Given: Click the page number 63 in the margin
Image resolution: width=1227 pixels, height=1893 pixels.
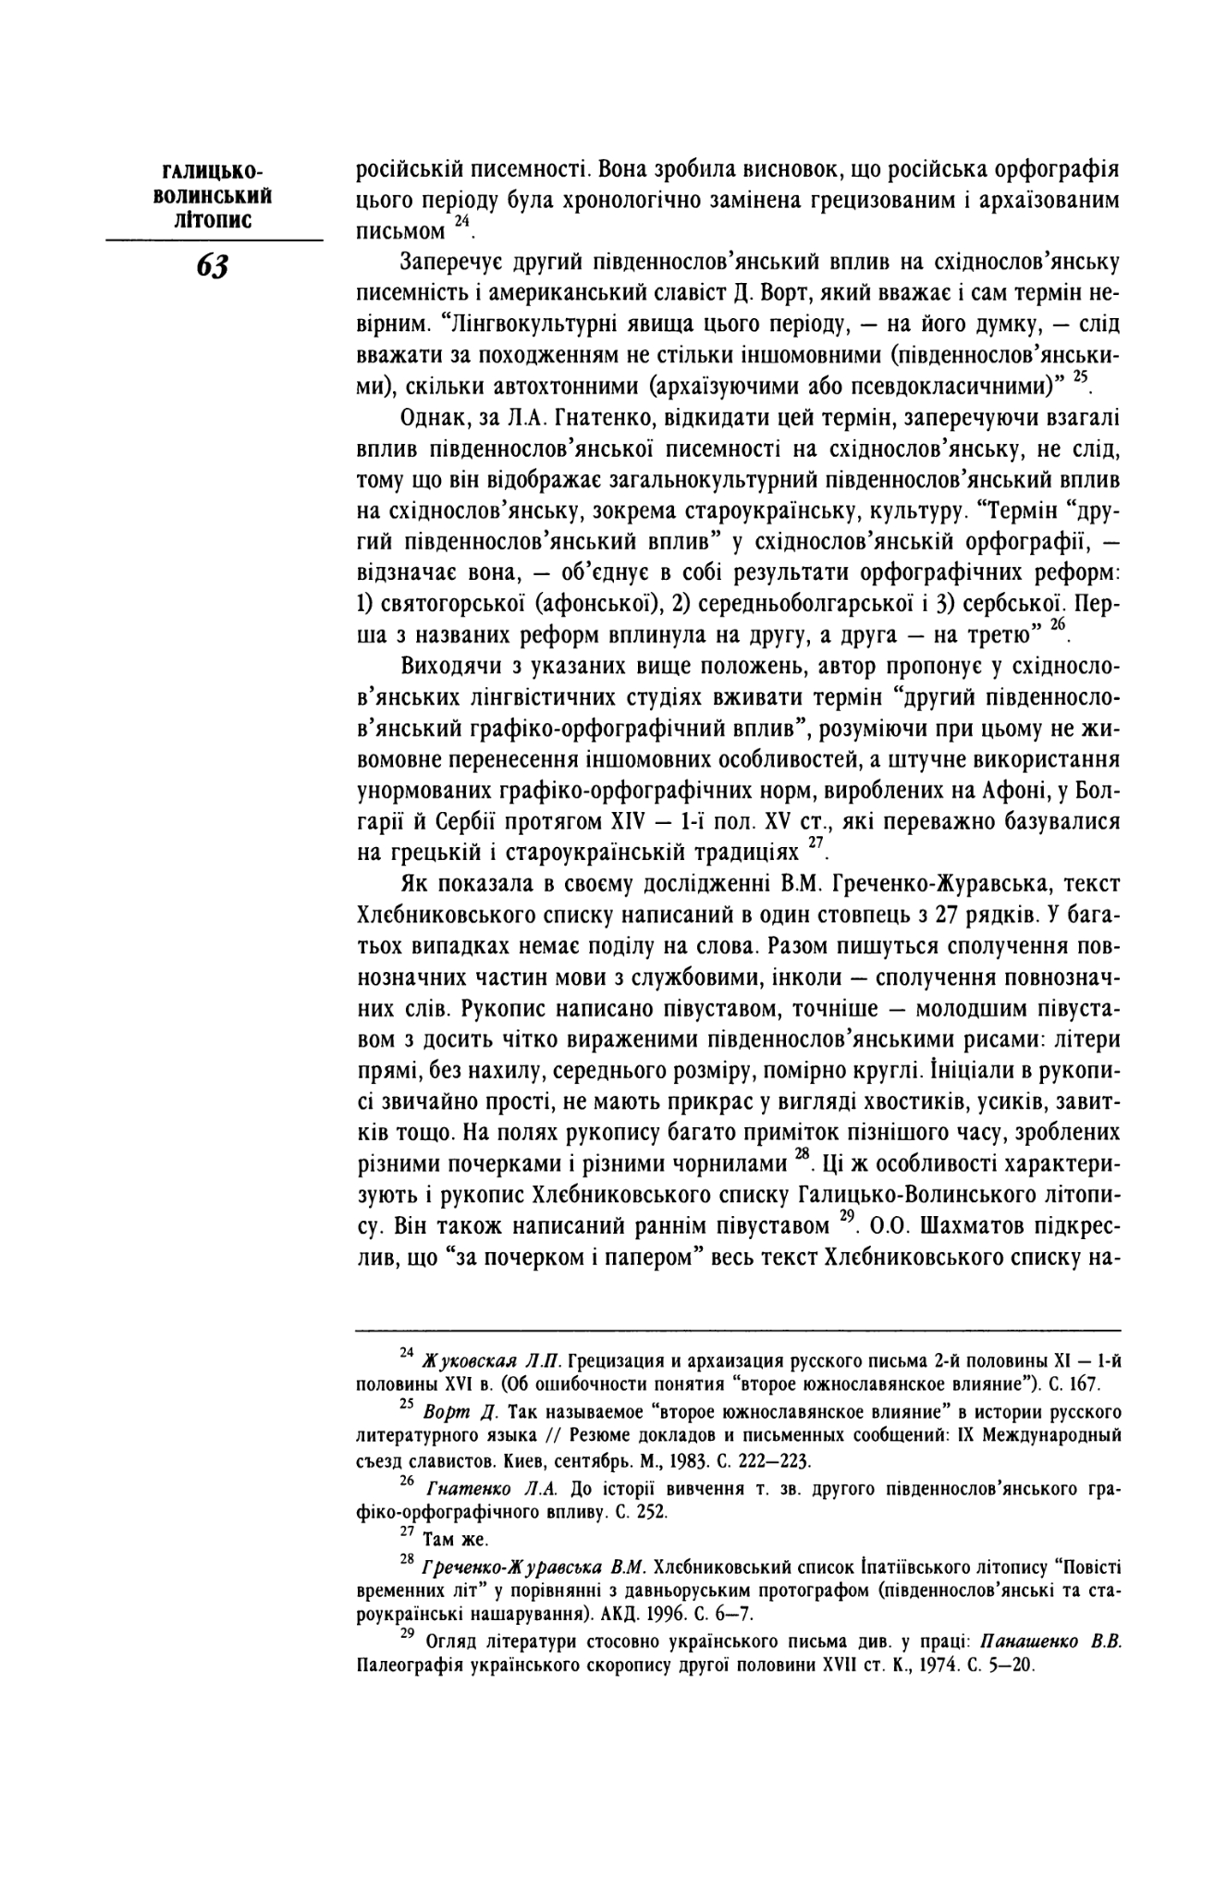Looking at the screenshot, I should click(x=212, y=265).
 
